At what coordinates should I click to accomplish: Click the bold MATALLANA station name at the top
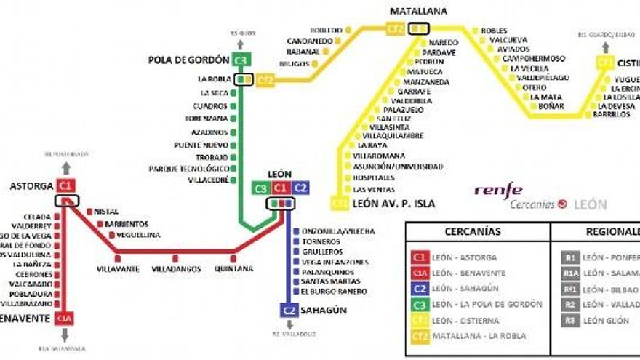[x=418, y=11]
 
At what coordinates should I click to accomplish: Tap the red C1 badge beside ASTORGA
[x=66, y=185]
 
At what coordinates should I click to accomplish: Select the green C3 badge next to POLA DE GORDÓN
[x=241, y=60]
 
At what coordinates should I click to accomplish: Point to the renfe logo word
[x=498, y=190]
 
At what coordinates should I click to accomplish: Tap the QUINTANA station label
[x=234, y=268]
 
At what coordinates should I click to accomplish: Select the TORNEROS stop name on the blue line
[x=321, y=241]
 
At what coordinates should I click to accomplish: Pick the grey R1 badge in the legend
[x=570, y=257]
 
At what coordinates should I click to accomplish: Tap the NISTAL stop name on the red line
[x=106, y=212]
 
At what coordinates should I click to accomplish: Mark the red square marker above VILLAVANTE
[x=117, y=257]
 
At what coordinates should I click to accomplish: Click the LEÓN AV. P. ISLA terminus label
[x=393, y=204]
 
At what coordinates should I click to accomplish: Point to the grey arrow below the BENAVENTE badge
[x=66, y=335]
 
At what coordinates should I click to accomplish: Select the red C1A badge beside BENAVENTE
[x=66, y=319]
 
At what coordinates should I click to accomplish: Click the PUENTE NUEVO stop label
[x=201, y=145]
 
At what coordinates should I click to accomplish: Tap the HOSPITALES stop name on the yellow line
[x=374, y=177]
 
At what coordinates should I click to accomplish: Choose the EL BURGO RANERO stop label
[x=334, y=292]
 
